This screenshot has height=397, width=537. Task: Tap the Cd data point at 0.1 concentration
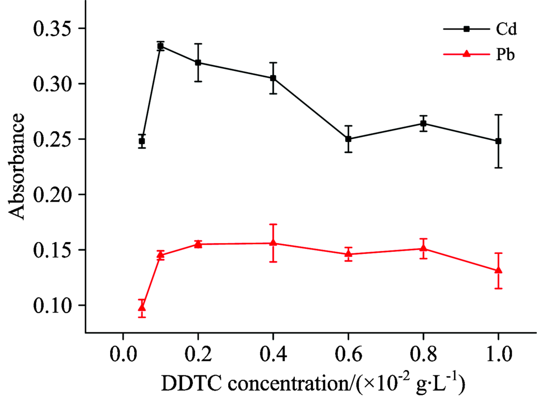click(x=160, y=46)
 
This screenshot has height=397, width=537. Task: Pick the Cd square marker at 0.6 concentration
click(x=349, y=139)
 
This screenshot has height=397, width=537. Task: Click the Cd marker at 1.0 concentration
click(x=498, y=141)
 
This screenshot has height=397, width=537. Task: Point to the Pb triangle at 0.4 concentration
click(x=273, y=243)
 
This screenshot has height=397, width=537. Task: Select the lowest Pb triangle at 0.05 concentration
click(x=142, y=307)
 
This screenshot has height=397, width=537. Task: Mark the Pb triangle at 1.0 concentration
click(x=498, y=270)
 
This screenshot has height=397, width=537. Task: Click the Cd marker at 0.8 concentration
click(x=424, y=123)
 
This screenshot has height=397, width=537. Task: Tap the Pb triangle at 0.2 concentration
click(x=198, y=244)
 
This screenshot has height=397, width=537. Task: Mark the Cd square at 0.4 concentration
click(x=273, y=78)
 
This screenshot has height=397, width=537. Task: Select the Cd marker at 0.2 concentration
click(x=198, y=62)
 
